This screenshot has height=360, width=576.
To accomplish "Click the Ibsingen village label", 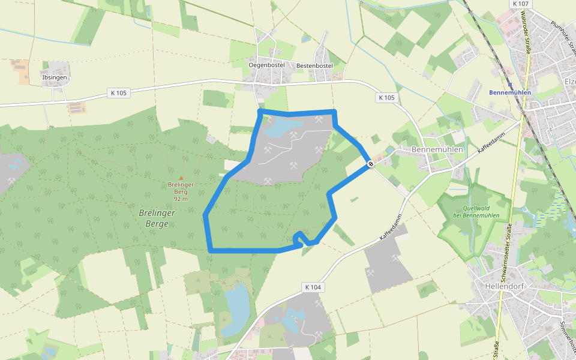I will tap(55, 78).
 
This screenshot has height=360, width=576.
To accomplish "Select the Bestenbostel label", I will tap(314, 65).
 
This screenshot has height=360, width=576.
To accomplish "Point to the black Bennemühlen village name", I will tap(439, 149).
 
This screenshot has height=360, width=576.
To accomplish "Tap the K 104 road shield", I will tap(313, 287).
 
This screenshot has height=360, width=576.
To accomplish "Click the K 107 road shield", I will tap(521, 4).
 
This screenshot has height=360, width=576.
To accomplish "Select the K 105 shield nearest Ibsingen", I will tap(119, 93).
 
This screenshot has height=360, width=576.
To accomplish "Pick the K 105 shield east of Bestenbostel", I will tap(387, 97).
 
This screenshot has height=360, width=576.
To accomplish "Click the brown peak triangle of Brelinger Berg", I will tap(181, 178).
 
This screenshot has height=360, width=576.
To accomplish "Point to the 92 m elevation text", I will tap(181, 199).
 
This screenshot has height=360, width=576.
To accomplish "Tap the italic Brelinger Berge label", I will tap(157, 218).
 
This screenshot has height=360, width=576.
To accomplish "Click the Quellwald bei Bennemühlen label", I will tap(476, 212).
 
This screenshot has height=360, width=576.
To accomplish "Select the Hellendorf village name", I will tap(503, 286).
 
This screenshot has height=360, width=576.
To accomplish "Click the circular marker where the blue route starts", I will tap(371, 163).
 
